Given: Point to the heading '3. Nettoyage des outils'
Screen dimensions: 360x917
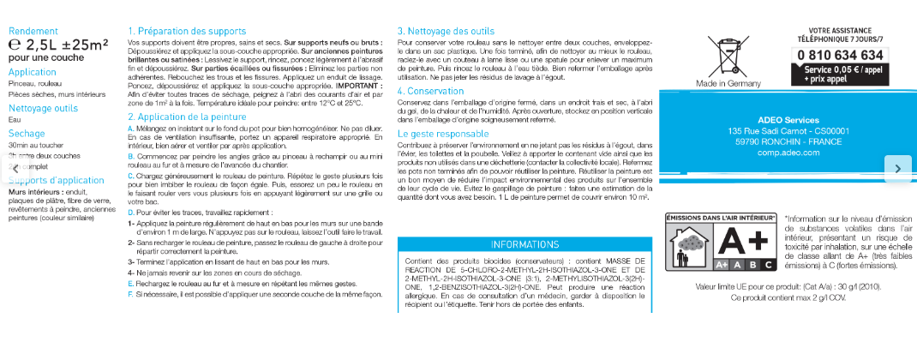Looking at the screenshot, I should click(x=446, y=31).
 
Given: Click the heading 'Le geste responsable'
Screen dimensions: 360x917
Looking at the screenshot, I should click(x=443, y=134).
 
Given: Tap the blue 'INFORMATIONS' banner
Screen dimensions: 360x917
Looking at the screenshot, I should click(x=524, y=244).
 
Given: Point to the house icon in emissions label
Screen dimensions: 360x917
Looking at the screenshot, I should click(x=689, y=246).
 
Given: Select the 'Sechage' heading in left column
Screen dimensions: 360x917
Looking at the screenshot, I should click(x=26, y=134).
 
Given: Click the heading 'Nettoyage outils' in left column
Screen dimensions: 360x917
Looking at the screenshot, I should click(x=42, y=108).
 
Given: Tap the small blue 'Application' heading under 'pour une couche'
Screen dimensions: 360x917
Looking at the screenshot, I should click(x=32, y=72).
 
